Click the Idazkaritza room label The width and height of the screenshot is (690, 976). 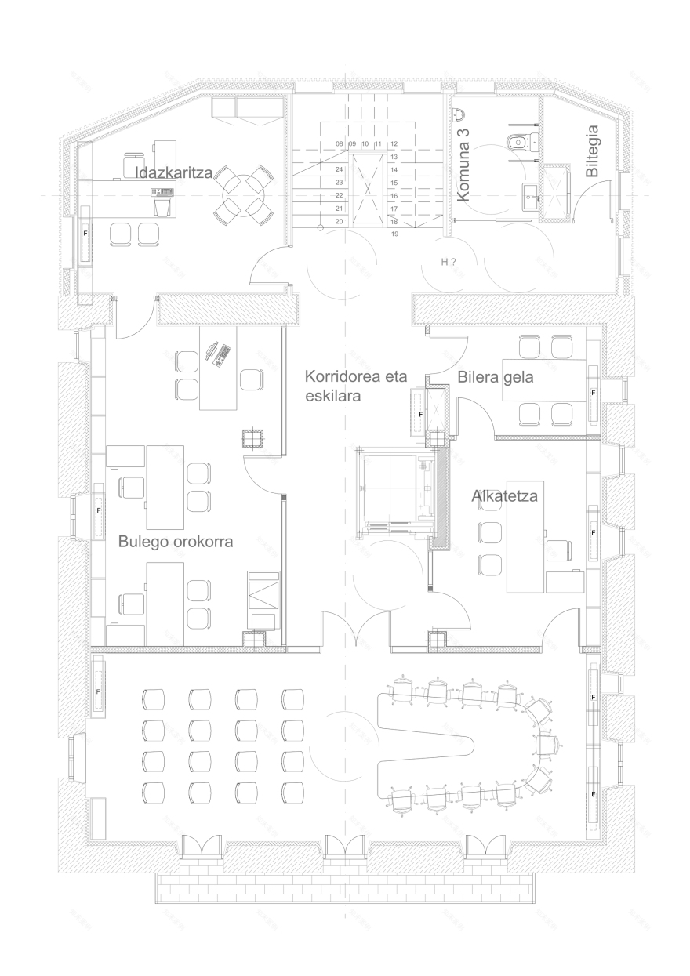click(x=174, y=172)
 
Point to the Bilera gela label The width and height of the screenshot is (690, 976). click(x=496, y=377)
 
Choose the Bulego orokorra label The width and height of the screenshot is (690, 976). click(x=176, y=541)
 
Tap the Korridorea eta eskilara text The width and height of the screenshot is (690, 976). click(x=344, y=386)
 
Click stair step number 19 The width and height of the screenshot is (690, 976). click(x=394, y=234)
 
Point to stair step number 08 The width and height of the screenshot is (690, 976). click(x=340, y=144)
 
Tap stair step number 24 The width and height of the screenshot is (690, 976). click(x=340, y=169)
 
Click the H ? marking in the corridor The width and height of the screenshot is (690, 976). click(x=448, y=263)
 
